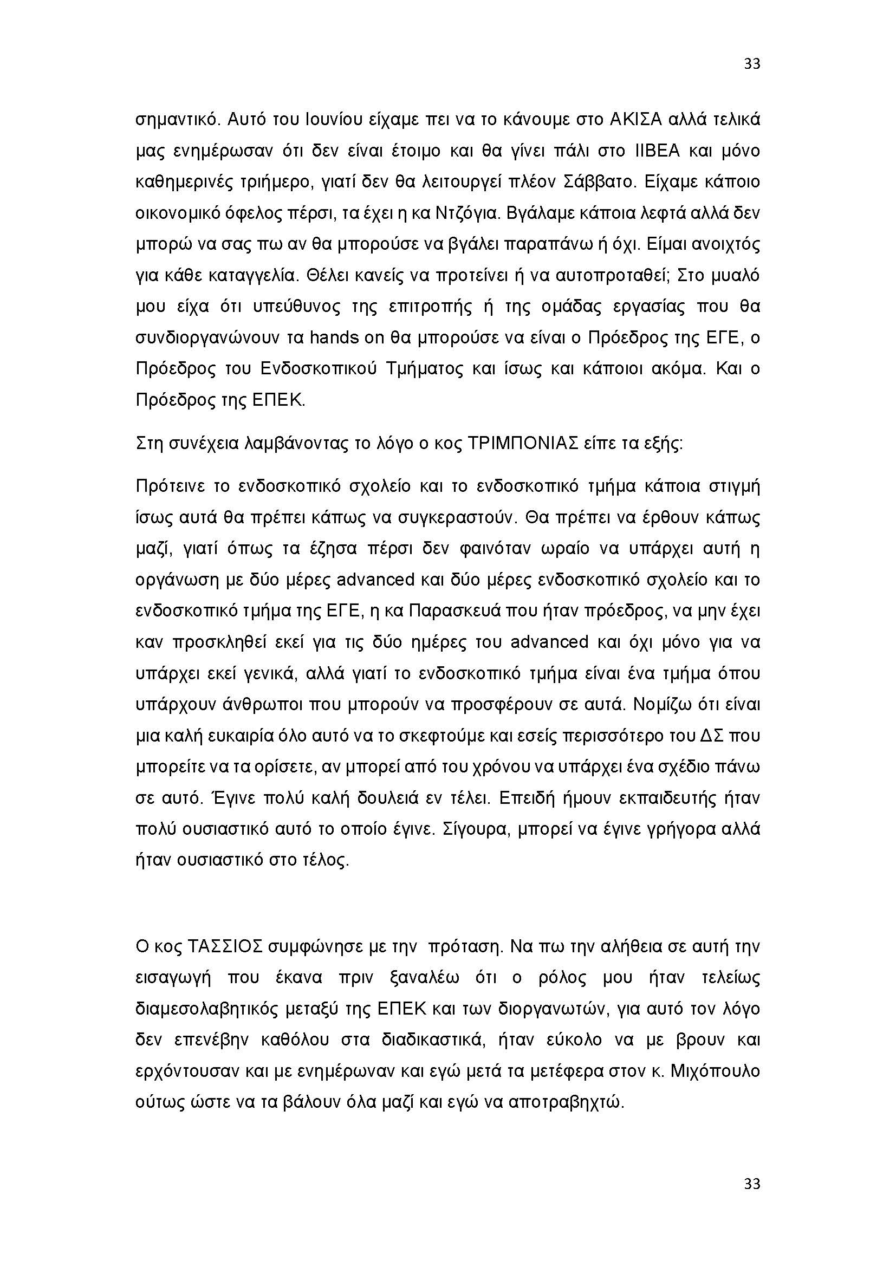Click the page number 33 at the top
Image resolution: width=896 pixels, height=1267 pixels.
click(752, 64)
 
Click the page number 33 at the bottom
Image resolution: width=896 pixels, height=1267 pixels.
click(752, 1184)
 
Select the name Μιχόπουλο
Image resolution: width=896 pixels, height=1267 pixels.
click(718, 1071)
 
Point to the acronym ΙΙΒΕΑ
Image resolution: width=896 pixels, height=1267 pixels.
click(654, 151)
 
